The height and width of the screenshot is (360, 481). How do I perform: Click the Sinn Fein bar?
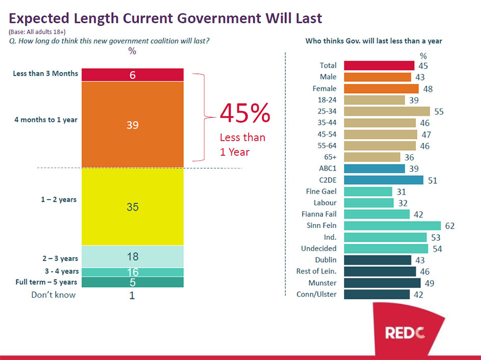[392, 226]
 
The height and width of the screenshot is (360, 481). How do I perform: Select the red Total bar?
[379, 65]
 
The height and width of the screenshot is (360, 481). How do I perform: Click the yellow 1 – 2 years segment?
[132, 207]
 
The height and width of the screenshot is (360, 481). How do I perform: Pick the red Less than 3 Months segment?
[132, 74]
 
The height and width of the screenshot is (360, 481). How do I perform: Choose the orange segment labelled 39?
[132, 124]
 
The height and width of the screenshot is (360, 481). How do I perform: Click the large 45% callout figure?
[245, 114]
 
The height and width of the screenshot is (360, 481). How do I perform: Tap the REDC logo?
[405, 333]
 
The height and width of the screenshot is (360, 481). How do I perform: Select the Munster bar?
[382, 283]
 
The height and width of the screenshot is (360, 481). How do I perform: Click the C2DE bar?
[383, 180]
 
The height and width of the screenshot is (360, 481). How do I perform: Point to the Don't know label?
[54, 295]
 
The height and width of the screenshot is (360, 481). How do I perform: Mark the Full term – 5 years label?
[45, 282]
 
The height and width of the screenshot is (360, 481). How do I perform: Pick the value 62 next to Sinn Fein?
[449, 226]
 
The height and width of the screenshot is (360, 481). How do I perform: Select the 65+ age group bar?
[372, 157]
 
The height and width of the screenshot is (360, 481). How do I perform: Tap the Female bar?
[380, 88]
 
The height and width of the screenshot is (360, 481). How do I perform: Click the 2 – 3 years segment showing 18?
[132, 257]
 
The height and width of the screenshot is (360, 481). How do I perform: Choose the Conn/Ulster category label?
[316, 294]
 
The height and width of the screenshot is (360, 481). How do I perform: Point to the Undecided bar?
[386, 248]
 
